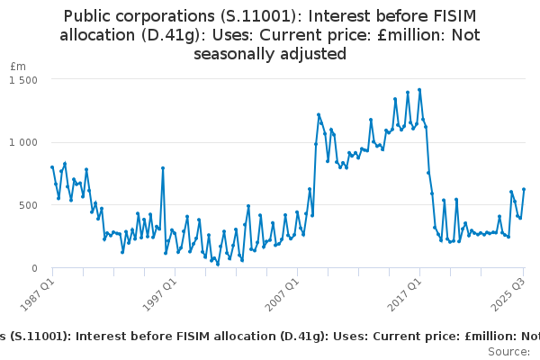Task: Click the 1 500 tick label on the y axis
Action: point(22,79)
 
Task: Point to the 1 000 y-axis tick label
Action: point(22,142)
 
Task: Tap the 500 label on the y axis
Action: point(27,205)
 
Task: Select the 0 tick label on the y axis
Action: point(32,268)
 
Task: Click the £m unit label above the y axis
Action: point(18,67)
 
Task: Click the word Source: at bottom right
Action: point(508,350)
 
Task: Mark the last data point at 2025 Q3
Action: point(524,189)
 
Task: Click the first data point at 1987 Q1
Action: point(52,166)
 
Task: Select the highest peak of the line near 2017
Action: point(419,90)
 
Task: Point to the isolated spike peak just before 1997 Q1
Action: point(163,167)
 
